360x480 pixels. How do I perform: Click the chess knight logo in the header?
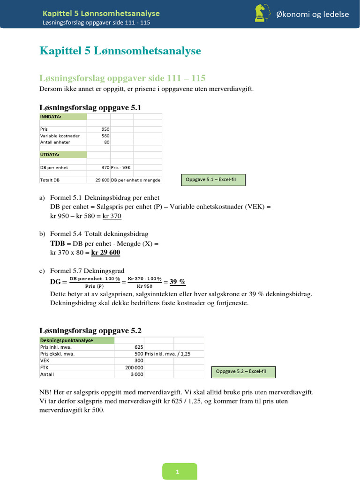[261, 13]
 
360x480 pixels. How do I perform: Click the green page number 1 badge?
[180, 472]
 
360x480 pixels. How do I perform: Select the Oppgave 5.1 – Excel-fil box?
[213, 180]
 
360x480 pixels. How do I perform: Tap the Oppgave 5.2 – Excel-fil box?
[243, 372]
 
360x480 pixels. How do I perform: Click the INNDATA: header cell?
[62, 116]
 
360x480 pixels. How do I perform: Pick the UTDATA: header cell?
[62, 154]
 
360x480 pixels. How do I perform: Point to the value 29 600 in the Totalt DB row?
[102, 180]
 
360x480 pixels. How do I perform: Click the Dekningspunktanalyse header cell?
[76, 340]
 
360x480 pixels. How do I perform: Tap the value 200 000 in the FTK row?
[134, 368]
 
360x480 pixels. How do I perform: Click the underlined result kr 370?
[112, 216]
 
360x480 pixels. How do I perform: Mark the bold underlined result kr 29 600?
[105, 253]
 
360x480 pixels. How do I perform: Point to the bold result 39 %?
[177, 282]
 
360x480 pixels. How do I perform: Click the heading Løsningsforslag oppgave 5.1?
[90, 108]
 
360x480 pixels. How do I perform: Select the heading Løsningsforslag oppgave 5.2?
[90, 330]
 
